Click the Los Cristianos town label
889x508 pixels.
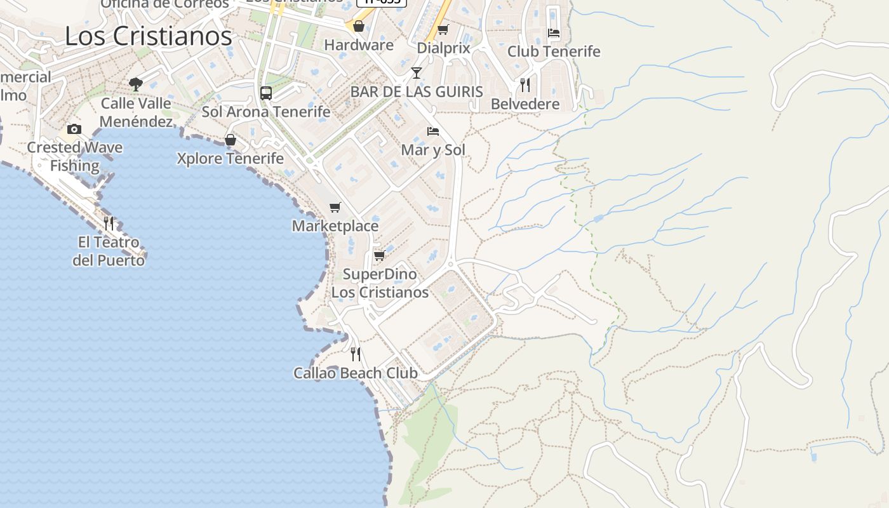[149, 36]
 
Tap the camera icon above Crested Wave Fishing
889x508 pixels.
[74, 130]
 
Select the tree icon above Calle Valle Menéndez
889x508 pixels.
[135, 84]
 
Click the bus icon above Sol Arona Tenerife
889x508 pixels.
[266, 93]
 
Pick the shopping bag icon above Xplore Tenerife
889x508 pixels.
[231, 140]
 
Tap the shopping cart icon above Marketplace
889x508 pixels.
[335, 207]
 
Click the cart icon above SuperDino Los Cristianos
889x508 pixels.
[379, 255]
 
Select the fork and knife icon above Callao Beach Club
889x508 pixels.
[356, 354]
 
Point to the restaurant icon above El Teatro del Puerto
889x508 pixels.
[109, 223]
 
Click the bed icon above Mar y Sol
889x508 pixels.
[433, 131]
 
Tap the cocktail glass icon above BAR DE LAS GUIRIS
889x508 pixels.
[417, 73]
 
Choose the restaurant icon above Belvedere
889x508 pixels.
[525, 85]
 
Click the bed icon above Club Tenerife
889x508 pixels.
[554, 32]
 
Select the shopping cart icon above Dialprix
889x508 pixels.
[443, 29]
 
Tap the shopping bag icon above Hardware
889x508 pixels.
[359, 26]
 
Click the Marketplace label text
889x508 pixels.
[335, 226]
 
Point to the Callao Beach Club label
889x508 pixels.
[356, 373]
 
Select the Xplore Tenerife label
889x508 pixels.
[231, 158]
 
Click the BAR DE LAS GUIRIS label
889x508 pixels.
[417, 91]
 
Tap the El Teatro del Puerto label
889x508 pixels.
[109, 251]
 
